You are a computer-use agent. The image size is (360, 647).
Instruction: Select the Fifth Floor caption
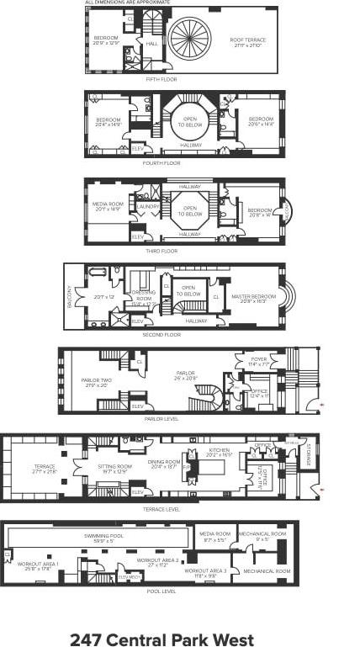click(x=162, y=79)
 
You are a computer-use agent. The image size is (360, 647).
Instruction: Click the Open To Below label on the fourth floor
click(x=191, y=122)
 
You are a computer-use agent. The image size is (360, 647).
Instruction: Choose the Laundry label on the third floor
click(x=148, y=206)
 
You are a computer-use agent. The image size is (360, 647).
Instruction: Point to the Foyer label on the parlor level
click(x=259, y=362)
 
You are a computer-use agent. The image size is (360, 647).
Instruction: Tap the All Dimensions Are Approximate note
click(x=127, y=3)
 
